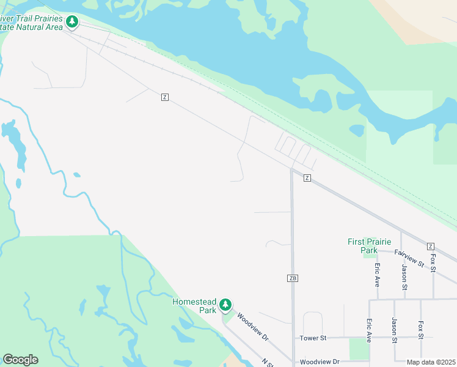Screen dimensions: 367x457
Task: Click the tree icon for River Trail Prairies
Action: click(73, 22)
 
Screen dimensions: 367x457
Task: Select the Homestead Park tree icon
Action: click(225, 304)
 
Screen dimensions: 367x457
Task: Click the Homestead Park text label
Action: click(194, 305)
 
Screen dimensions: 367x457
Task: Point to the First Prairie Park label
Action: click(371, 246)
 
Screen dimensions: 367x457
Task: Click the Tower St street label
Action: click(313, 338)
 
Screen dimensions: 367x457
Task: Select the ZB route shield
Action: click(293, 278)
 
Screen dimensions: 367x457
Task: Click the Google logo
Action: click(20, 359)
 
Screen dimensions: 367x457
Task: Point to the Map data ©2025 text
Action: click(430, 362)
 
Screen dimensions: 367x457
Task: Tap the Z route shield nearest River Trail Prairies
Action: click(164, 97)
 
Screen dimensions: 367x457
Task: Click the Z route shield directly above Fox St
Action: click(431, 245)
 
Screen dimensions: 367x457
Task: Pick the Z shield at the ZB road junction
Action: click(307, 178)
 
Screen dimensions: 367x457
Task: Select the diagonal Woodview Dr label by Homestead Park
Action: click(252, 327)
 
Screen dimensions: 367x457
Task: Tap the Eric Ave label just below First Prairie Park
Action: click(378, 276)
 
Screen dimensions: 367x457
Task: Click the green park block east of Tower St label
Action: click(358, 349)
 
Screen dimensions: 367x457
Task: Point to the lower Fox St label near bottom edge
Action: click(420, 330)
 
